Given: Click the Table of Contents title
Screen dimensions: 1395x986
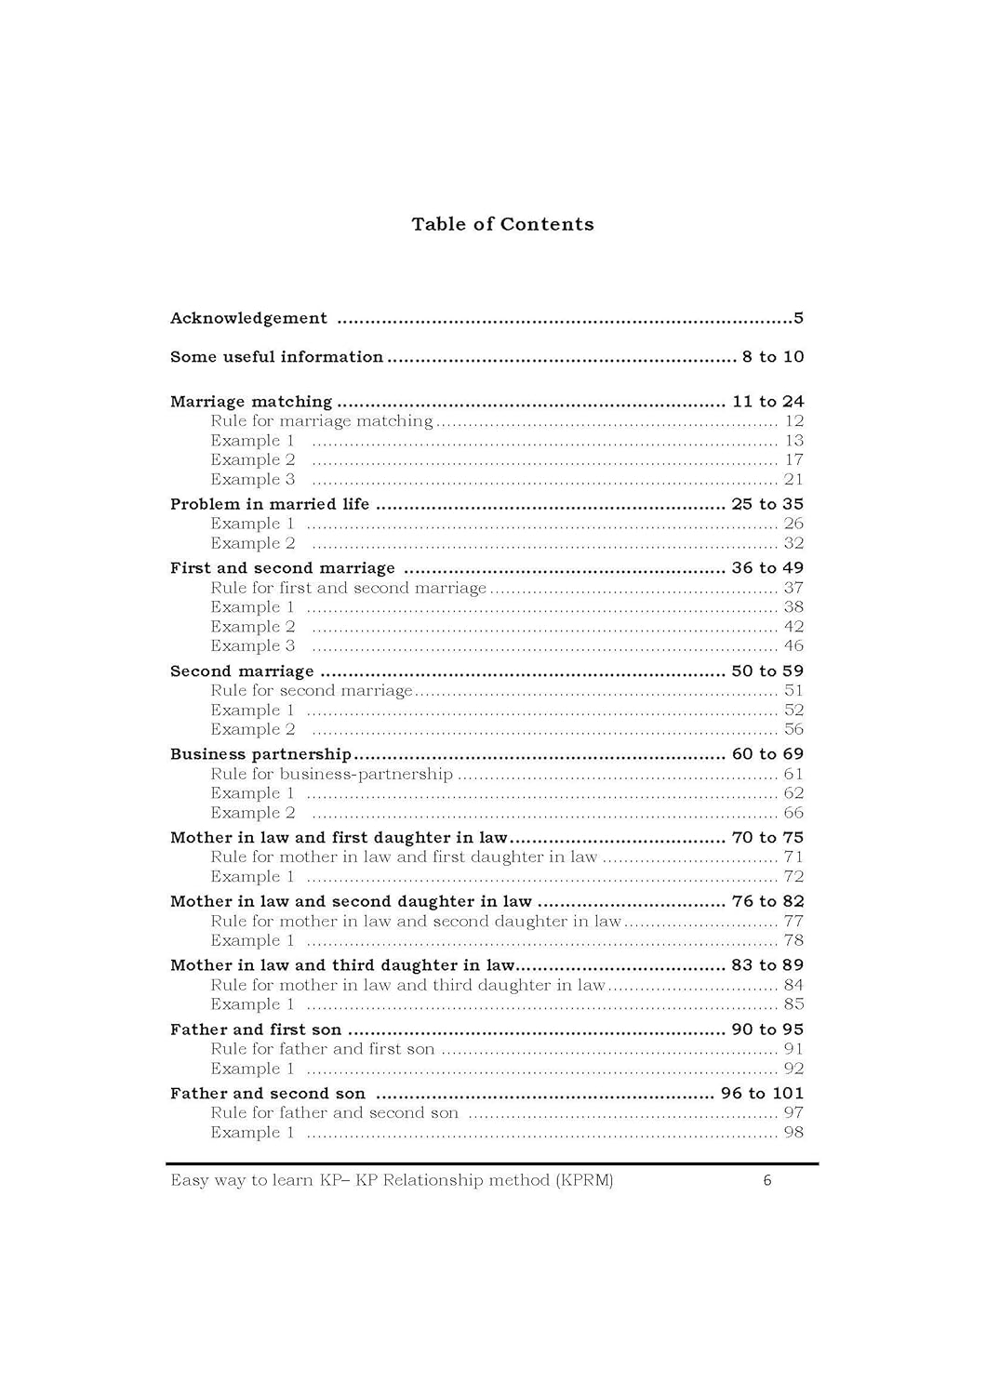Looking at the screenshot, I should point(502,224).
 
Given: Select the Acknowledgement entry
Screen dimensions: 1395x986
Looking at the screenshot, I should point(248,318).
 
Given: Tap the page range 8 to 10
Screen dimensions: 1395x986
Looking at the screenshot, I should point(772,357).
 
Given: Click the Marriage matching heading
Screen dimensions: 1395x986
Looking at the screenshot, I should point(251,402).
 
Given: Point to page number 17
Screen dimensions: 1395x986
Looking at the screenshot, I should point(793,459).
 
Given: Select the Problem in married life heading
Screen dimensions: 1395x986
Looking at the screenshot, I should point(270,504).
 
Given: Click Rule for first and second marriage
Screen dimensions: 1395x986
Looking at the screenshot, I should point(349,588).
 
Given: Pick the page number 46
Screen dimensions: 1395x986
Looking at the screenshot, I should point(793,645).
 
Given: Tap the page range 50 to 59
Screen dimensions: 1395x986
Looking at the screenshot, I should point(767,671).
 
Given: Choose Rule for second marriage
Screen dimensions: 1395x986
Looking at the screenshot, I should point(312,690).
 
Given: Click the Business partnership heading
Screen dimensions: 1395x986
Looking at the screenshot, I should point(260,754).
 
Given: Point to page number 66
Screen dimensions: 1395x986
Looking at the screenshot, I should point(793,812).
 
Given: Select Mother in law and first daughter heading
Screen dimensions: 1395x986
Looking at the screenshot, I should point(339,838).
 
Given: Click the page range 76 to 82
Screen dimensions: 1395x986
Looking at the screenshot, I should point(767,901).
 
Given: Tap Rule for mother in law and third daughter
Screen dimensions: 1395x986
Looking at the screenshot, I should point(407,985).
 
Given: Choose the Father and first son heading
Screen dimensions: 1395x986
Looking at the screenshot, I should point(256,1030).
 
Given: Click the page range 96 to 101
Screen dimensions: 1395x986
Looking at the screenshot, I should point(762,1094).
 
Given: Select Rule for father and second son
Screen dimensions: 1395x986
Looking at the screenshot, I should point(335,1112).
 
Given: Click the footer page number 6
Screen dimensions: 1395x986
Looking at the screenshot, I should point(767,1181).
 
